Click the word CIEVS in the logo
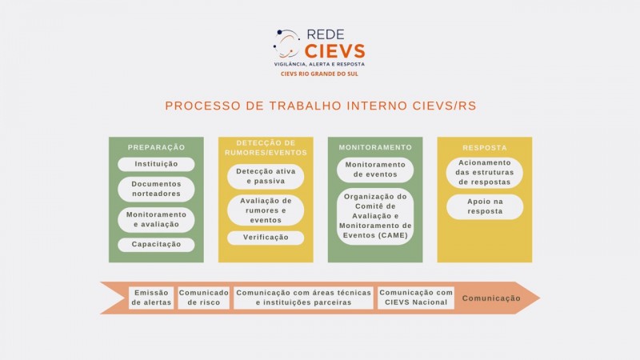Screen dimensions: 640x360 tap(334, 51)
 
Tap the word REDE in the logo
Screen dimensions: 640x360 tap(326, 34)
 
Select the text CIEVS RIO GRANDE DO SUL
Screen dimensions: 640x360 tap(319, 74)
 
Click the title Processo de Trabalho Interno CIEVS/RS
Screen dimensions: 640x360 tap(321, 106)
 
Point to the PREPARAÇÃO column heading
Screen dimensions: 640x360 tap(156, 147)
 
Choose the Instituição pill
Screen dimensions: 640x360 tap(156, 164)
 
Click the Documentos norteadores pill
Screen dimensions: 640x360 tap(156, 189)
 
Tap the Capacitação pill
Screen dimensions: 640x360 tap(156, 245)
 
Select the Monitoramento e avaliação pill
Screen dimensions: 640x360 tap(156, 219)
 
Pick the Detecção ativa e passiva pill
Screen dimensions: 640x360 tap(266, 176)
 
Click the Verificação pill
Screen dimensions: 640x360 tap(266, 238)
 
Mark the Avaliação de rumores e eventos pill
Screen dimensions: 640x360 tap(266, 210)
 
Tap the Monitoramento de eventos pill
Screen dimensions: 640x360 tap(375, 170)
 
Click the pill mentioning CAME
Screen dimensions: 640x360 tap(375, 216)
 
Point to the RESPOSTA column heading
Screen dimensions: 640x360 tap(485, 148)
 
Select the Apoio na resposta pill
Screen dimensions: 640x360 tap(485, 206)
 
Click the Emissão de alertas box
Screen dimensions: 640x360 tap(151, 298)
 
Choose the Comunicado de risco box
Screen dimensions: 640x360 tap(204, 298)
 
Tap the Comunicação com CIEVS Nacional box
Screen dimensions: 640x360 tap(416, 298)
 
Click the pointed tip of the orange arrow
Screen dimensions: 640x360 tap(539, 298)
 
